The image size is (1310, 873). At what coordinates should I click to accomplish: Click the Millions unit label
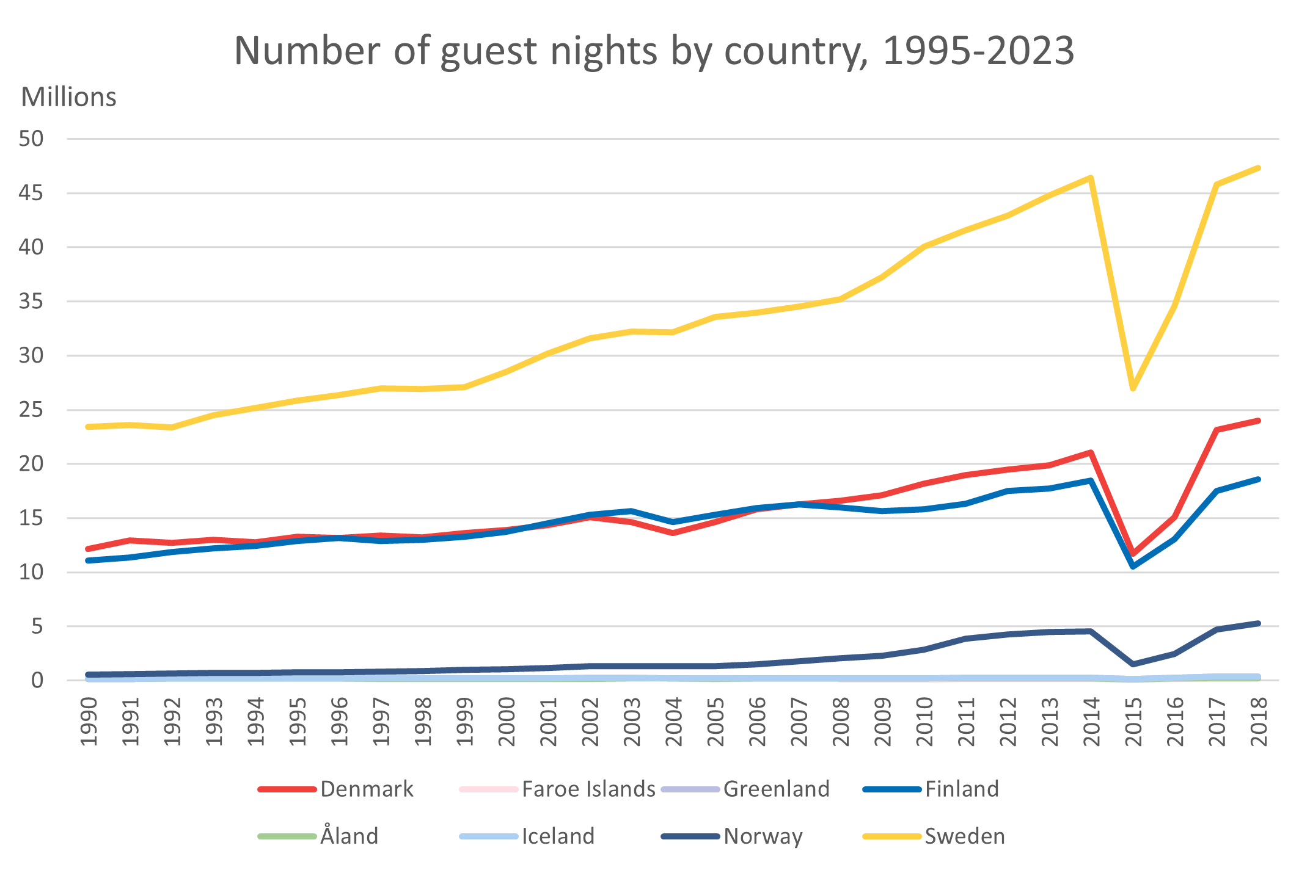tap(68, 97)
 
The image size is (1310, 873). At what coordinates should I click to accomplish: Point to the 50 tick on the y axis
tap(31, 139)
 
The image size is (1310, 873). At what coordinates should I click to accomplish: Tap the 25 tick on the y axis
tap(31, 410)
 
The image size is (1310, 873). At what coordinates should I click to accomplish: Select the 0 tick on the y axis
tap(38, 680)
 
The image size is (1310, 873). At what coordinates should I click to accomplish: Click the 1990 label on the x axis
tap(89, 721)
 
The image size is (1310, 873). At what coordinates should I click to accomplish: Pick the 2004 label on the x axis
tap(673, 721)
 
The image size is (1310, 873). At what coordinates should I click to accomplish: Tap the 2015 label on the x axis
tap(1133, 721)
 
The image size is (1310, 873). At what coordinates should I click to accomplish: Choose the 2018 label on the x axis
tap(1259, 721)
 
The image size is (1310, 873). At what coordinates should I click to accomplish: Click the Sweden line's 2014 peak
tap(1091, 178)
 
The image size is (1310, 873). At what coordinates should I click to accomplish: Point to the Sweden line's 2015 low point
tap(1133, 388)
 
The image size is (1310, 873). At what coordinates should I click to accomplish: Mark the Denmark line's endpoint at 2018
tap(1258, 421)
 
